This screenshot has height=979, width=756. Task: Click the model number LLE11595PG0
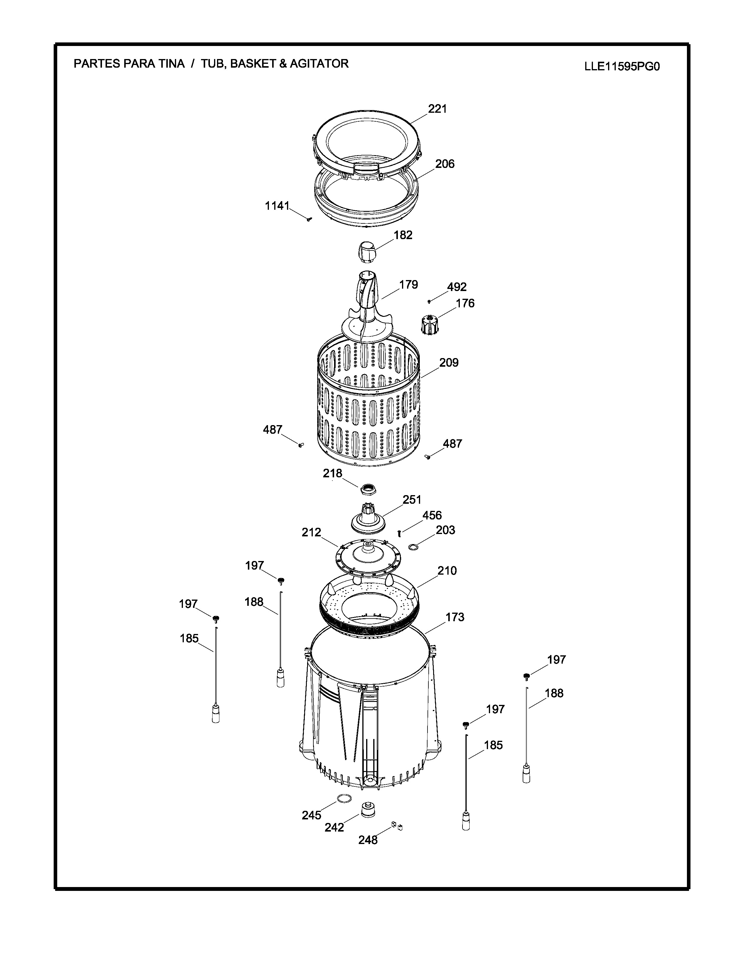click(622, 67)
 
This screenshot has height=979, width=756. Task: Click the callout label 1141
click(277, 206)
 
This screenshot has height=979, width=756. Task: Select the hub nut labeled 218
click(368, 489)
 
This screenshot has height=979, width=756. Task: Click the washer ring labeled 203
click(414, 547)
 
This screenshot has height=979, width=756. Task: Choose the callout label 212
click(311, 532)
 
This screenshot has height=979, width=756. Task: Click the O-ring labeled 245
click(344, 798)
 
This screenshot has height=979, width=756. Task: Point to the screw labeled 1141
click(309, 219)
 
